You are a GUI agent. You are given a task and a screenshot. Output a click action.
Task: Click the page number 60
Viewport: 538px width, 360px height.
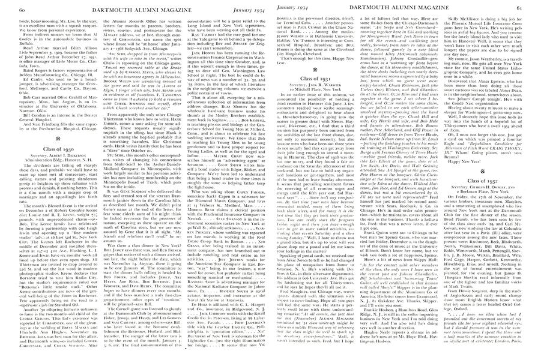(8, 5)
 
